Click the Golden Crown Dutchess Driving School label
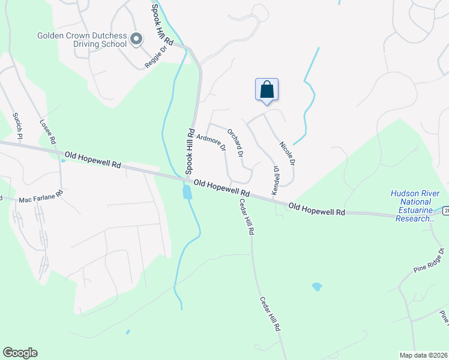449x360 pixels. pos(82,40)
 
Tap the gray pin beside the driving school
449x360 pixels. pos(136,40)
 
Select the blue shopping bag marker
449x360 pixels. pos(267,89)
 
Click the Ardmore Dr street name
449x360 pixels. pos(211,142)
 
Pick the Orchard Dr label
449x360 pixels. pos(235,142)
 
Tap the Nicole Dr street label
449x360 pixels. pos(288,153)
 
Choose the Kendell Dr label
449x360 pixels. pos(276,179)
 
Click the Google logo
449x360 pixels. pos(20,353)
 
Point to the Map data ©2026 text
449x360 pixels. pos(423,355)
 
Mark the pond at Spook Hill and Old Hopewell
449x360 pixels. pos(187,192)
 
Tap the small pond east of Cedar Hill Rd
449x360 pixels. pos(317,287)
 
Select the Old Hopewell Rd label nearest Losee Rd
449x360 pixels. pos(94,159)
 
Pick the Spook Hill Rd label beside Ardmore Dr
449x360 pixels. pos(190,151)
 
